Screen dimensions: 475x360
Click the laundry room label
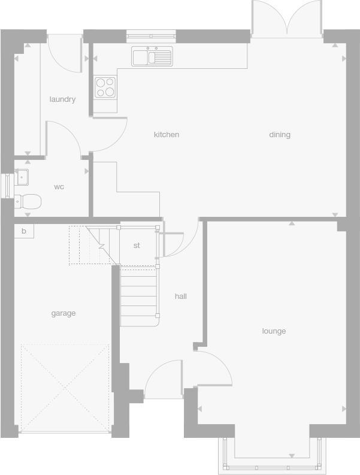pos(62,99)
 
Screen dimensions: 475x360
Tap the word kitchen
pos(167,135)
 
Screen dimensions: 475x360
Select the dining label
pos(280,135)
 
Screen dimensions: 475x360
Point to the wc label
pos(59,187)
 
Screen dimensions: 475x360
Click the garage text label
pos(63,313)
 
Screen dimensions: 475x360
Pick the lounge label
pos(274,331)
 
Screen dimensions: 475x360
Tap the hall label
pos(181,297)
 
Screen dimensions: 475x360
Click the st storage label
pos(137,246)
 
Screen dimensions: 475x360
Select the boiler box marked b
pos(24,231)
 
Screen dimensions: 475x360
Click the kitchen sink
pos(152,57)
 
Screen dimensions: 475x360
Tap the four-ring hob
pos(105,87)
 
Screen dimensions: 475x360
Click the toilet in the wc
pos(28,201)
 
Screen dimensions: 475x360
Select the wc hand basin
pos(22,177)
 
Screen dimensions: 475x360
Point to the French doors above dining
pos(287,19)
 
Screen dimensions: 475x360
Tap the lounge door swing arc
pos(214,367)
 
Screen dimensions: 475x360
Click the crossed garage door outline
pos(65,388)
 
